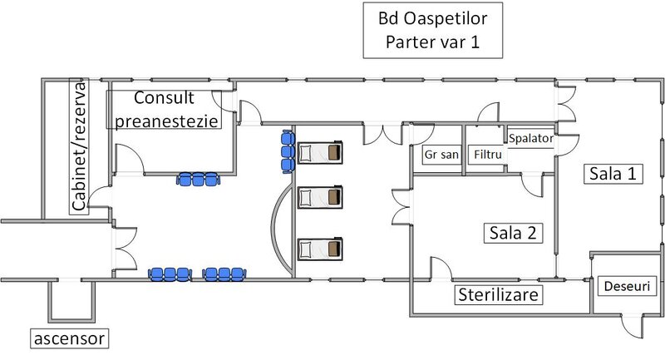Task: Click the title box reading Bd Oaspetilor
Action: coord(422,30)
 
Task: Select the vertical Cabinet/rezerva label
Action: coord(80,147)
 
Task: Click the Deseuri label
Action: coord(628,287)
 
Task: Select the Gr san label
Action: coord(441,155)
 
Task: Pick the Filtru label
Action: coord(485,155)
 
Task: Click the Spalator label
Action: coord(530,138)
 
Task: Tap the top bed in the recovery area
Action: coord(320,152)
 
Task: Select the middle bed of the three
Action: coord(320,197)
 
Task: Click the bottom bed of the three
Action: coord(320,248)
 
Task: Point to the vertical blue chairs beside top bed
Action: coord(288,150)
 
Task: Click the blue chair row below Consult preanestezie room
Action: coord(198,177)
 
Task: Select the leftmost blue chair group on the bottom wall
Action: coord(169,273)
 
